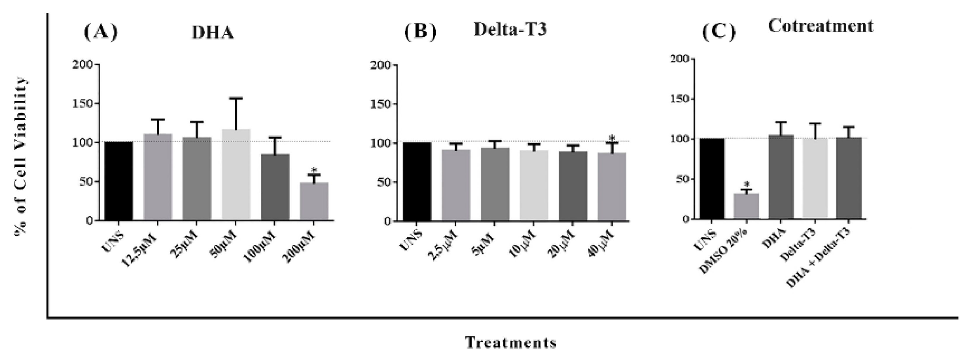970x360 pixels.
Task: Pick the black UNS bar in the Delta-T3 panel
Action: [417, 182]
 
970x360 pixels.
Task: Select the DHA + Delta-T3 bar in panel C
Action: [849, 178]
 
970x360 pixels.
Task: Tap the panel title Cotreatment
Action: [820, 26]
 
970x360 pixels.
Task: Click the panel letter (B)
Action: [420, 32]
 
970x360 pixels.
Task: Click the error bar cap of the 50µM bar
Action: [236, 98]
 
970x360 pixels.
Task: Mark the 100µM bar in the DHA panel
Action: [275, 187]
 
